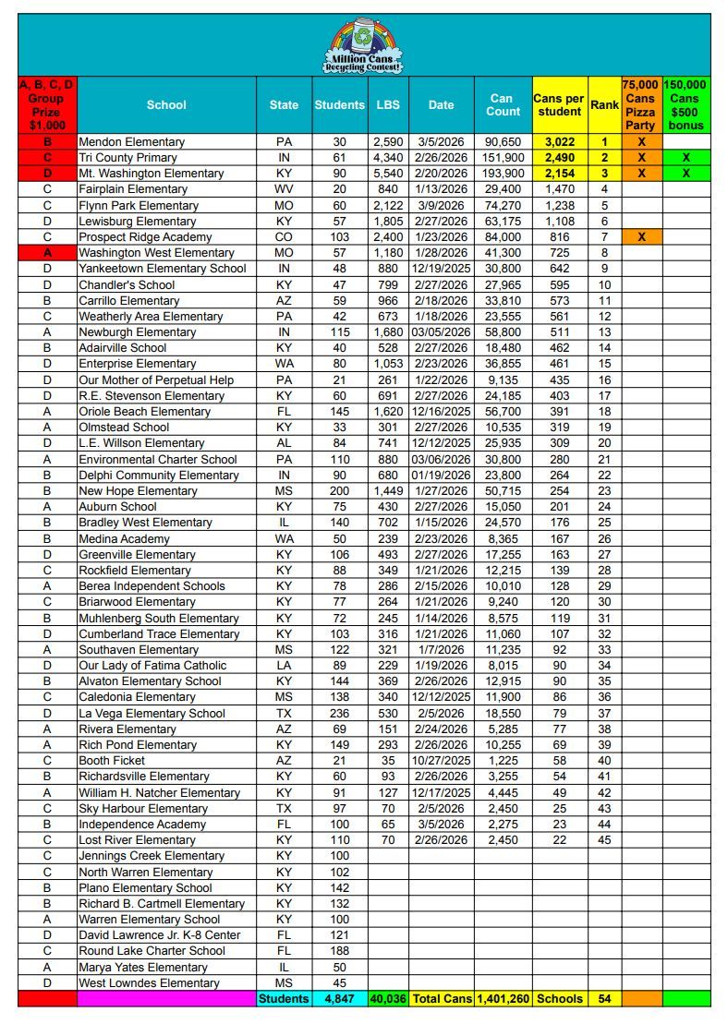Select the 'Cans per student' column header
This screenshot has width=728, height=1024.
pos(559,104)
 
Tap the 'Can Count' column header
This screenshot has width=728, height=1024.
pos(501,104)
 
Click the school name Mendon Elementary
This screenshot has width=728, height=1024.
pos(131,142)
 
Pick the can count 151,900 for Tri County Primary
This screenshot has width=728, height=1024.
pos(503,158)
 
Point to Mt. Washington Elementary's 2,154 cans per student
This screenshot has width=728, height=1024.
pos(560,174)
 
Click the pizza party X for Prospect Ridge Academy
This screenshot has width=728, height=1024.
pos(641,236)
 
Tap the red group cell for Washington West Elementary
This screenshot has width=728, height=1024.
pos(46,252)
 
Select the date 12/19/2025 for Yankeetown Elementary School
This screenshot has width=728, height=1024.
pos(441,269)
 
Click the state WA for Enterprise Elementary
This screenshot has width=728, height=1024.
pos(284,363)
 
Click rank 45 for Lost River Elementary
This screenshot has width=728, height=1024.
pos(604,839)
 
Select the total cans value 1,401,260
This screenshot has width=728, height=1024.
pos(503,998)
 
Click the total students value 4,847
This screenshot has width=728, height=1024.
pos(339,998)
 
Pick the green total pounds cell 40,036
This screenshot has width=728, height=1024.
pos(387,998)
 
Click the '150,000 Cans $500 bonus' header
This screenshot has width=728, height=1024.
pos(686,104)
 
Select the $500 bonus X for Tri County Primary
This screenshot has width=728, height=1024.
pos(686,158)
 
